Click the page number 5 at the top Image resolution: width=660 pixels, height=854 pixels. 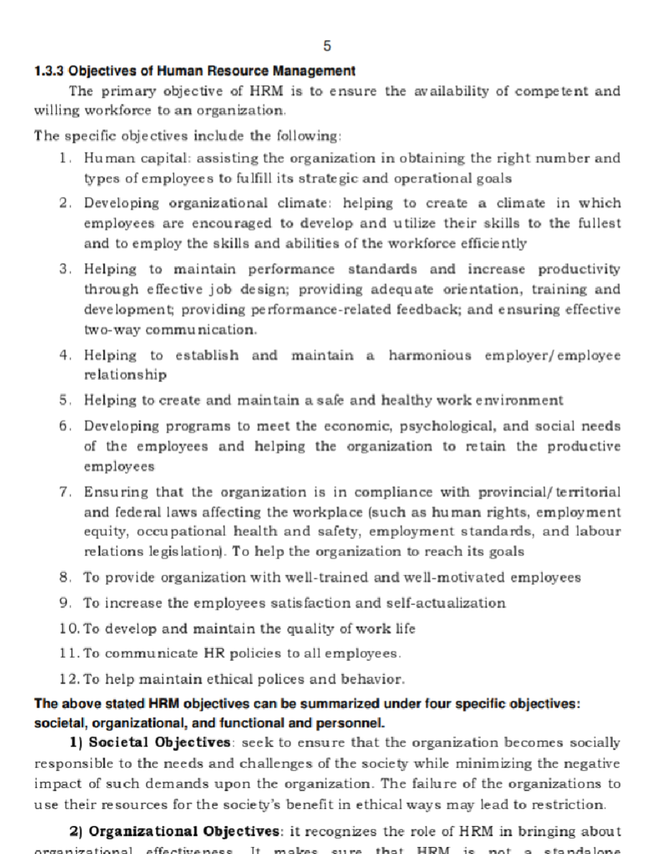click(x=327, y=46)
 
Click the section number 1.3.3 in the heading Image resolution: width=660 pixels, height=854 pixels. click(x=50, y=71)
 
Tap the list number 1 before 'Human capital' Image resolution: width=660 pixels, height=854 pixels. click(x=64, y=158)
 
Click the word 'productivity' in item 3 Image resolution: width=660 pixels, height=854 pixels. click(x=579, y=269)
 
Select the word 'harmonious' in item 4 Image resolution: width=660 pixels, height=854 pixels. click(x=430, y=355)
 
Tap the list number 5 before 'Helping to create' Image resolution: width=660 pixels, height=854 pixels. click(x=64, y=400)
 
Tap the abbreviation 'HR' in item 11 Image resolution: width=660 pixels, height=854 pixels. click(x=214, y=654)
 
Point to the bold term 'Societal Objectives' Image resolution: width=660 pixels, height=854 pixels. click(x=159, y=743)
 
